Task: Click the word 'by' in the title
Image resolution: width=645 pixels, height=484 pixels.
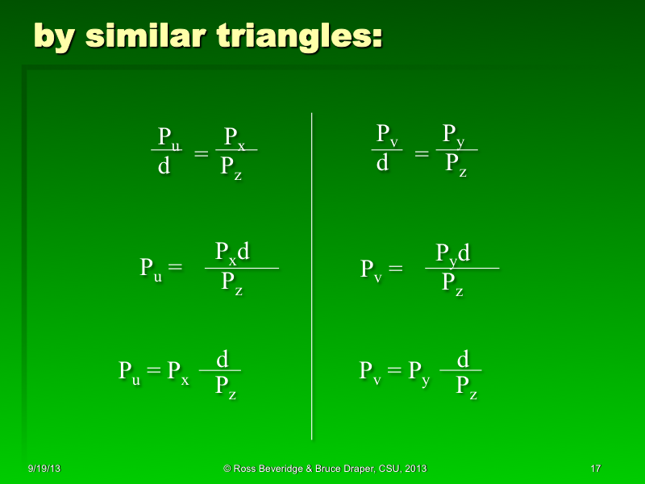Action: point(55,36)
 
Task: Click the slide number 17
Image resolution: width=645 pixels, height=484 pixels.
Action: point(596,469)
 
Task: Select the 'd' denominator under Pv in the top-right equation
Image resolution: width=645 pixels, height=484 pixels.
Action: point(383,164)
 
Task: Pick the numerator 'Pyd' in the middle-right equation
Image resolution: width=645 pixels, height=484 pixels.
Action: point(453,254)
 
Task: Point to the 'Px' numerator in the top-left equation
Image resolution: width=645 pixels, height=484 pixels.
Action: point(235,136)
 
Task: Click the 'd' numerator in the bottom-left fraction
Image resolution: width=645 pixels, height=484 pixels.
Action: point(222,358)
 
